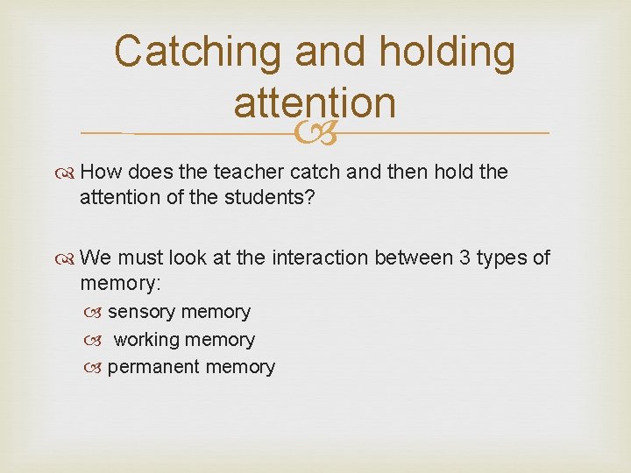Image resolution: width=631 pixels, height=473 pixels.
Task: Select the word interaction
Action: click(x=322, y=258)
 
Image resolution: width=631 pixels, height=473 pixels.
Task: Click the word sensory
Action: click(x=140, y=312)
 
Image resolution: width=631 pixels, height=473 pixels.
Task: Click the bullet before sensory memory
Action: click(x=96, y=313)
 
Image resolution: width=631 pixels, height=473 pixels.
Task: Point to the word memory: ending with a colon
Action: click(x=120, y=284)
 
